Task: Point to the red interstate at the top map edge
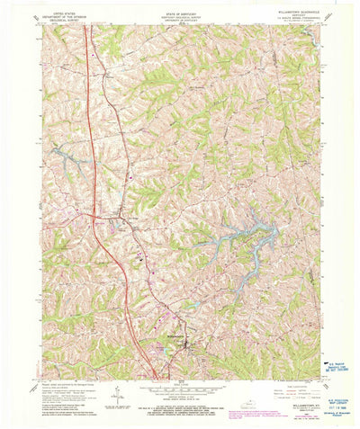[85, 26]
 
